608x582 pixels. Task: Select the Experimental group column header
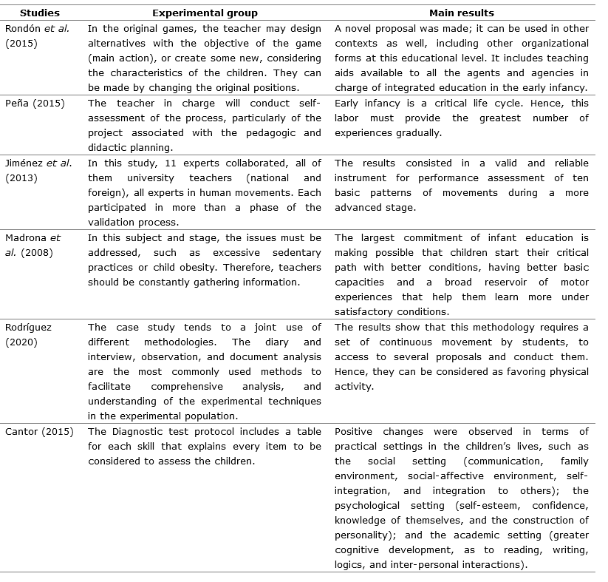[205, 13]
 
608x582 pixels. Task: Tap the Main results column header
[461, 13]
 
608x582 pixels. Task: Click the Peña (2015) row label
[36, 103]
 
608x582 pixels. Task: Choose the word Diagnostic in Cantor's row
[136, 432]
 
